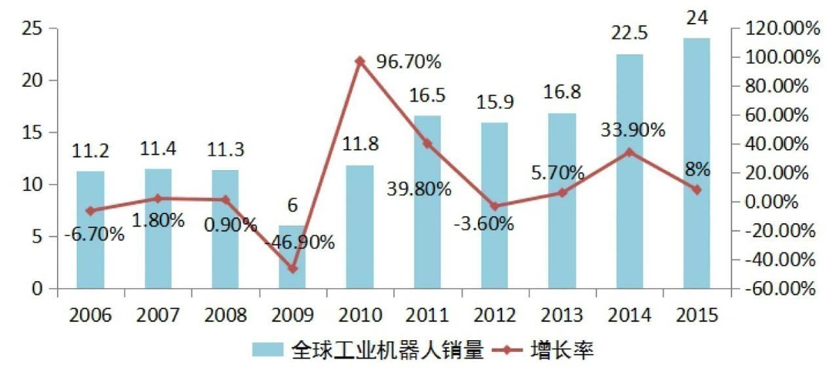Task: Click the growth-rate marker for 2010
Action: click(359, 61)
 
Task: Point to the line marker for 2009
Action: click(292, 269)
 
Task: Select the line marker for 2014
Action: click(629, 152)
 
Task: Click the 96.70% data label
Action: click(408, 62)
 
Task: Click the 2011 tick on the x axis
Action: click(427, 315)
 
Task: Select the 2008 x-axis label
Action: click(225, 315)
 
